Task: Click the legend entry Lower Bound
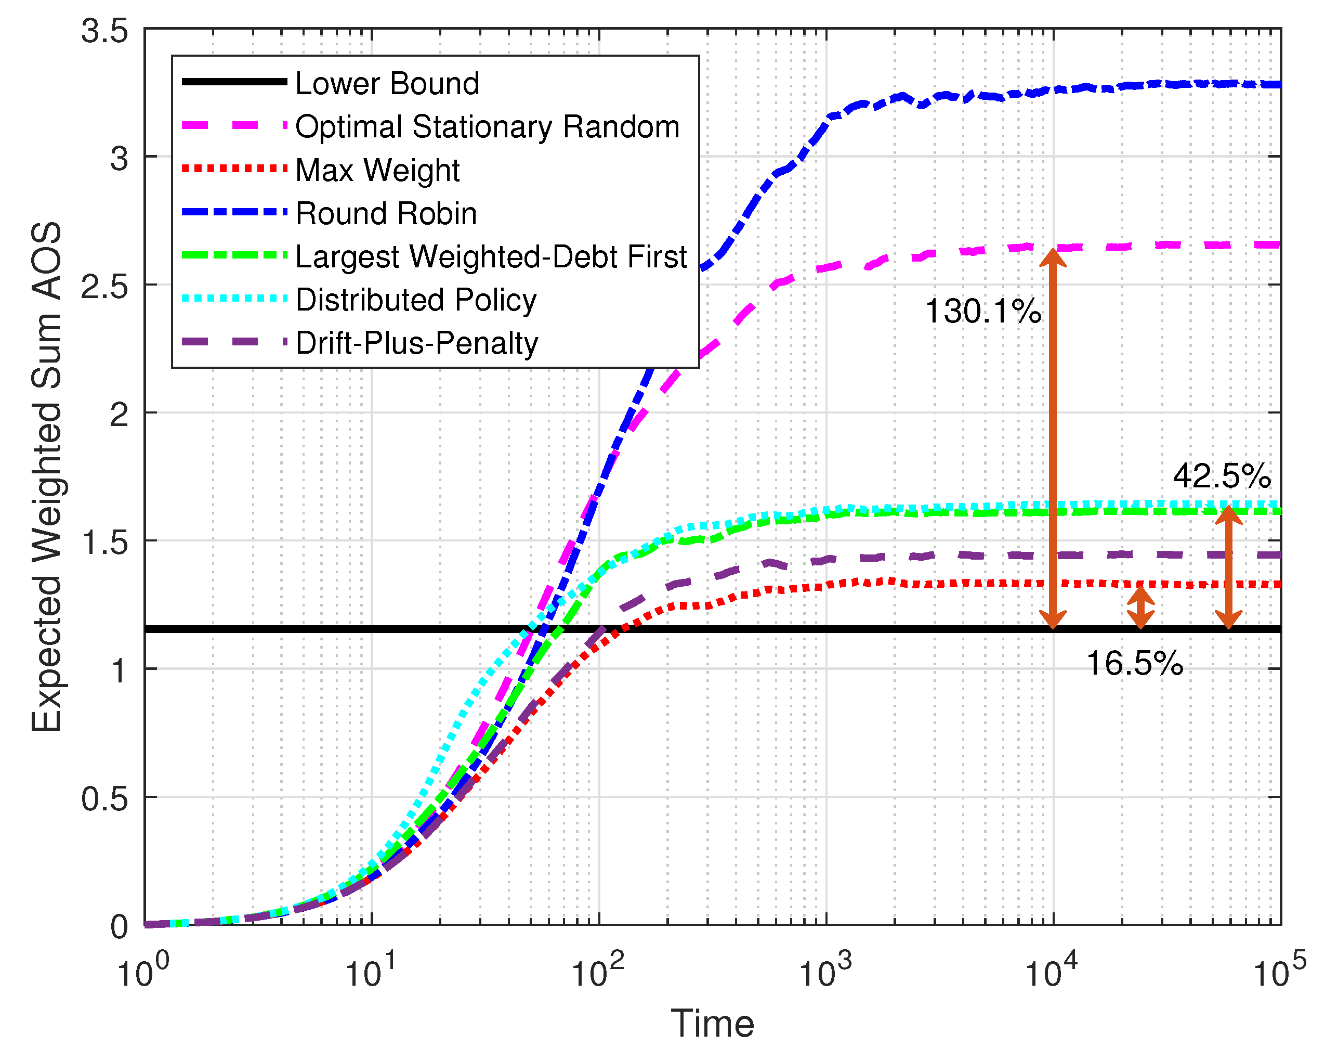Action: pos(387,83)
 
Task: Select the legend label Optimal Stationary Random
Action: pos(487,127)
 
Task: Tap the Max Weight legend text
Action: pos(377,170)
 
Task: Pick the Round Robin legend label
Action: pos(386,214)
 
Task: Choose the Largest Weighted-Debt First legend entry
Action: pos(491,256)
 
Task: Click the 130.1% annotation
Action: pos(982,311)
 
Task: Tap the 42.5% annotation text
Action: pos(1222,476)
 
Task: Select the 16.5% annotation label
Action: pos(1134,664)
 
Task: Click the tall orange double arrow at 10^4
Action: pos(1053,438)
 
